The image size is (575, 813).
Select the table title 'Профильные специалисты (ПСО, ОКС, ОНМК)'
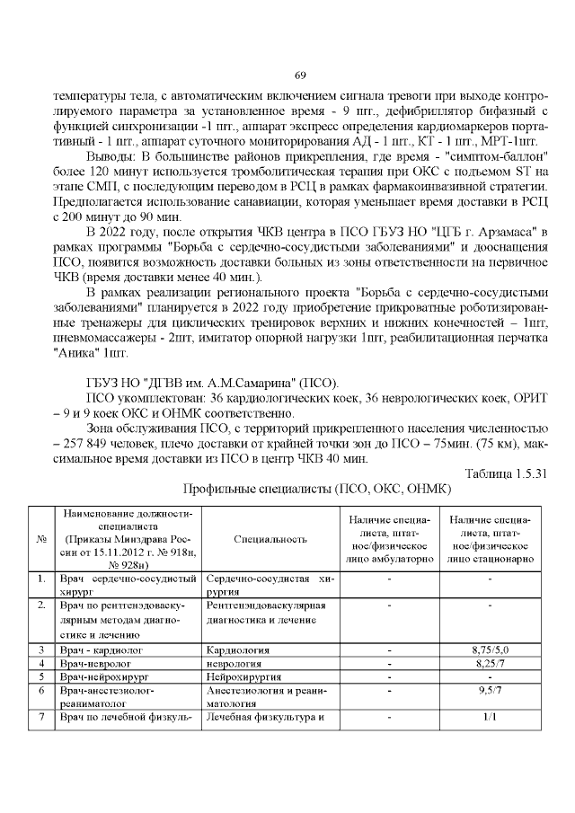tap(317, 490)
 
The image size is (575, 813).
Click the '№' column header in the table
tap(40, 539)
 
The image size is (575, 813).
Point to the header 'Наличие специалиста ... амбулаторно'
tap(389, 539)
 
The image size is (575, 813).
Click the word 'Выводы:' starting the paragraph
tap(111, 156)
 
